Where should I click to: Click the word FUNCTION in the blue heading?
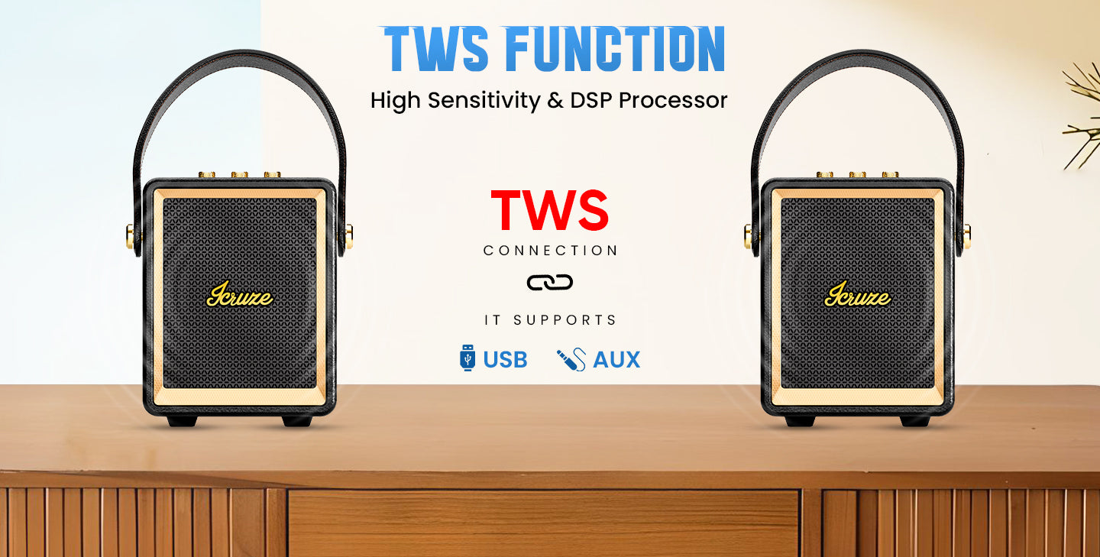coord(616,49)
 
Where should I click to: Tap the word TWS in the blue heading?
coord(435,49)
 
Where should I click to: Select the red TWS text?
coord(550,210)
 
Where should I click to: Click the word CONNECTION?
coord(550,251)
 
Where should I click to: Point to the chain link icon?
coord(549,283)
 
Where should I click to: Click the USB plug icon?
coord(467,358)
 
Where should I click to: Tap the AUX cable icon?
coord(571,360)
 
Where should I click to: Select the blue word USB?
coord(506,360)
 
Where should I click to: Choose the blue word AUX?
coord(616,360)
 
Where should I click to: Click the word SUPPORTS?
coord(565,320)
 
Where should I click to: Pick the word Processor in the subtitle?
coord(673,100)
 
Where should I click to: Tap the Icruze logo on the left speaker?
coord(240,295)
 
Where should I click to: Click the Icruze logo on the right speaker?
coord(857,295)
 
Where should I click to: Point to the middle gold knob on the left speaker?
coord(240,174)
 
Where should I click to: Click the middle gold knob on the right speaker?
coord(857,174)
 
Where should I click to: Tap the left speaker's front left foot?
coord(182,421)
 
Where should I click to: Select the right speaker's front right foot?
coord(915,421)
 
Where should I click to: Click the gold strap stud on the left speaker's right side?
coord(348,236)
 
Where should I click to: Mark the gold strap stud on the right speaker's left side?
coord(749,236)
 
